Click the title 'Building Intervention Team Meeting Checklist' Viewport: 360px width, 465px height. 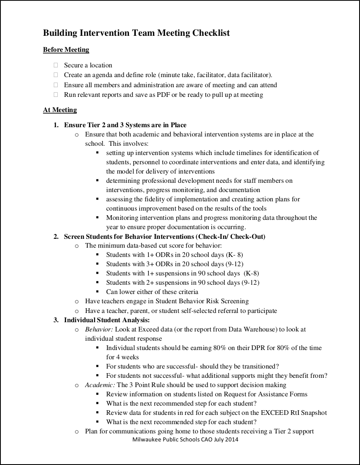136,33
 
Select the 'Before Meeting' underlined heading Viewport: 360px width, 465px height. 66,50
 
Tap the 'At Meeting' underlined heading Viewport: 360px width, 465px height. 60,110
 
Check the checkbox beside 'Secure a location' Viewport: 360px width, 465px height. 55,65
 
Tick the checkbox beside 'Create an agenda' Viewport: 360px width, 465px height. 55,75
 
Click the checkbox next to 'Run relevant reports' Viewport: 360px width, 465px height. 55,95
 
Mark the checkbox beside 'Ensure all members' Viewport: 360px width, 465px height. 55,85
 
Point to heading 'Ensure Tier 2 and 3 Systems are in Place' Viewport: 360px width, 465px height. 125,125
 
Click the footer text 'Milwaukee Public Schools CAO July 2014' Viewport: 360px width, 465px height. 185,439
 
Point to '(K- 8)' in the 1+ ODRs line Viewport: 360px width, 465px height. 234,255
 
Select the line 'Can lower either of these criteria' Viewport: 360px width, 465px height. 152,292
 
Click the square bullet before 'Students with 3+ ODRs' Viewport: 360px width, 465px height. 97,264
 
